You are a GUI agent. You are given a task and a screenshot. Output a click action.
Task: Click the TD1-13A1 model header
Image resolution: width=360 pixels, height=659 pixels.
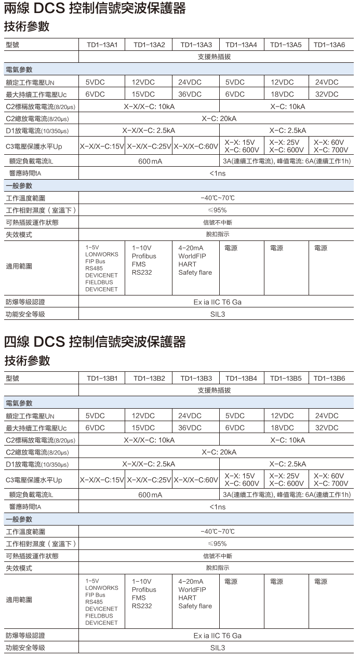point(102,45)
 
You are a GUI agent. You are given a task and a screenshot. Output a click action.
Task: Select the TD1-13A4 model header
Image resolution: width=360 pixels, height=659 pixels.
point(242,45)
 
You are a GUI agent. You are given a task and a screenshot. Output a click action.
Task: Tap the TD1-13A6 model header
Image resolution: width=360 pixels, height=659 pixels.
point(329,45)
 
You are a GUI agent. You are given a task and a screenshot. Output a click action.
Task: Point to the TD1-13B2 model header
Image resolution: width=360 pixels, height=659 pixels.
point(149,379)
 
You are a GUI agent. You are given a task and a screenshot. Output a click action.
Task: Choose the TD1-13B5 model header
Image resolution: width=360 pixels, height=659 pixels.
point(286,379)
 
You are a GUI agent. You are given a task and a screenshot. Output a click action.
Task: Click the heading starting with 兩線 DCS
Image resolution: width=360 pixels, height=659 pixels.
point(95,9)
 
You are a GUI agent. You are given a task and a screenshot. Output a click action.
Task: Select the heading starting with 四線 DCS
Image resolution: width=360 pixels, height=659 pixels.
point(95,342)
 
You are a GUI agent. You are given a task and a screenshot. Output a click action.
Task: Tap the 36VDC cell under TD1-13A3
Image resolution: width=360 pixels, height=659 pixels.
point(190,95)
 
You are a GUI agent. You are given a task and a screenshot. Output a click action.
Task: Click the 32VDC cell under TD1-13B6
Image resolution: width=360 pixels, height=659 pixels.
point(327,428)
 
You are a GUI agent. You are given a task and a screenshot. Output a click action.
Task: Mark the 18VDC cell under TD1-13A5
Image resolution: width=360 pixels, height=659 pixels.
point(282,95)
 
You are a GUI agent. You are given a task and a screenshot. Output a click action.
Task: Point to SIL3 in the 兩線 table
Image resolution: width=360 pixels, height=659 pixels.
point(218,314)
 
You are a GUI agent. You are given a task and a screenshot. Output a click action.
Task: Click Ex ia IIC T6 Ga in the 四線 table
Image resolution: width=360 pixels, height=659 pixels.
point(218,636)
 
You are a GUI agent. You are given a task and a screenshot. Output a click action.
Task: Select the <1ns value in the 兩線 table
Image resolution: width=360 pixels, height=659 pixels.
point(218,173)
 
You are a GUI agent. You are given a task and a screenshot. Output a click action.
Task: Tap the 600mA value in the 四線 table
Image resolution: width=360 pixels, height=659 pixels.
point(150,495)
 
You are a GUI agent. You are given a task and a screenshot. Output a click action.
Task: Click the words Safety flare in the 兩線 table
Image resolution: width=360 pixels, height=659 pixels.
point(195,273)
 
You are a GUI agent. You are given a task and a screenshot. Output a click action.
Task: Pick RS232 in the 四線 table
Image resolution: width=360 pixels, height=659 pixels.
point(142,606)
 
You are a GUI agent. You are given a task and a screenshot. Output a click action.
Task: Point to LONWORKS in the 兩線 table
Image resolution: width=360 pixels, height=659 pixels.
point(102,254)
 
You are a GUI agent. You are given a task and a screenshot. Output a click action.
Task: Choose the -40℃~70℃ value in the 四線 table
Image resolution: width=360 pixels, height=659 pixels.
point(218,531)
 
